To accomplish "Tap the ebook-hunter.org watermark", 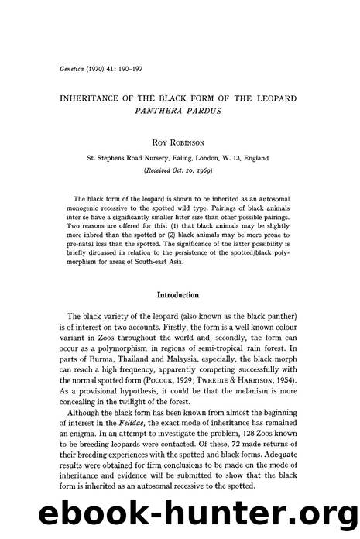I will point(180,516).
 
